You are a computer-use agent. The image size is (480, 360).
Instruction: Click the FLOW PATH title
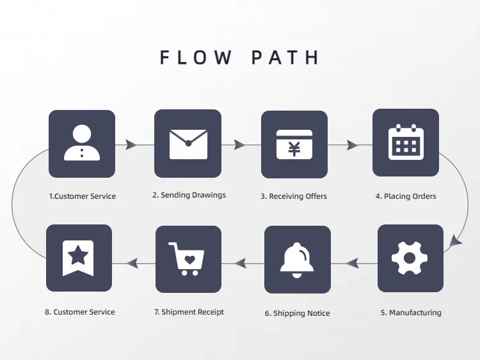pyautogui.click(x=239, y=58)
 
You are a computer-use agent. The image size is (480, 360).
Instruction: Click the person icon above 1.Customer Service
pyautogui.click(x=82, y=143)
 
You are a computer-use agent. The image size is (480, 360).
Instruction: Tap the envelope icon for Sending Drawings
pyautogui.click(x=188, y=143)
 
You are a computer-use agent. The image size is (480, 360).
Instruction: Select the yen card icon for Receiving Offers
pyautogui.click(x=294, y=145)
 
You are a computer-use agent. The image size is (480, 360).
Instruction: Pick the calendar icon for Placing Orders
pyautogui.click(x=406, y=142)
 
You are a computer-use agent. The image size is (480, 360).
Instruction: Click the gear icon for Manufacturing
pyautogui.click(x=410, y=258)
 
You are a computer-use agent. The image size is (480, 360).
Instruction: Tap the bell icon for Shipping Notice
pyautogui.click(x=298, y=259)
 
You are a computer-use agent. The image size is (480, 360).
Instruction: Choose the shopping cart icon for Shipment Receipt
pyautogui.click(x=188, y=259)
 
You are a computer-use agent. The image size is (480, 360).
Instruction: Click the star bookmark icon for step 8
pyautogui.click(x=79, y=258)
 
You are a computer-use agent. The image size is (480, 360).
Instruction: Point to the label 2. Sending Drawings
pyautogui.click(x=189, y=195)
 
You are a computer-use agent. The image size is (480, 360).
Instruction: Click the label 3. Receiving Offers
pyautogui.click(x=294, y=196)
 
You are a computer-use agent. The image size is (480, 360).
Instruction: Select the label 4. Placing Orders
pyautogui.click(x=406, y=196)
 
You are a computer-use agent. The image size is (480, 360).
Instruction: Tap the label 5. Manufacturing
pyautogui.click(x=411, y=313)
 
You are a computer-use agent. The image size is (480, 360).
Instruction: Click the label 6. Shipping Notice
pyautogui.click(x=298, y=313)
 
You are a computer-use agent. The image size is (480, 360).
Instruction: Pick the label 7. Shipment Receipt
pyautogui.click(x=189, y=312)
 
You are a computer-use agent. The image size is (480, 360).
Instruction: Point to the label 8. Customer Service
pyautogui.click(x=80, y=312)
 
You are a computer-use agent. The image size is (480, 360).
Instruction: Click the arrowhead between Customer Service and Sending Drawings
pyautogui.click(x=131, y=145)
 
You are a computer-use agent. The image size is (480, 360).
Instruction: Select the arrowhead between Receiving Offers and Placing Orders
pyautogui.click(x=352, y=145)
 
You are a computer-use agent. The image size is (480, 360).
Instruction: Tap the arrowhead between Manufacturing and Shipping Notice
pyautogui.click(x=352, y=262)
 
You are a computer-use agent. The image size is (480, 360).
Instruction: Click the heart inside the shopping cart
pyautogui.click(x=189, y=260)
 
